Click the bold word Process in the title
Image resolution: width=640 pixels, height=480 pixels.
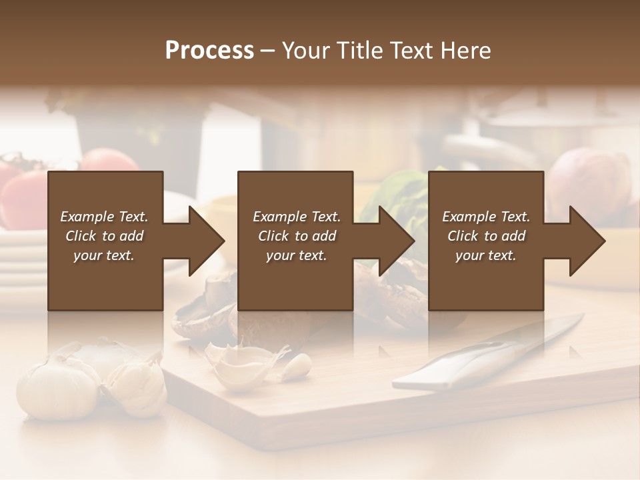click(209, 51)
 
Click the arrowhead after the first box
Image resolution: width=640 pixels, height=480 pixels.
click(205, 241)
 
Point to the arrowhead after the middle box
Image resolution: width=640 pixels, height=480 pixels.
click(395, 241)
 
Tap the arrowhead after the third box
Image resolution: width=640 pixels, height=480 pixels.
click(586, 241)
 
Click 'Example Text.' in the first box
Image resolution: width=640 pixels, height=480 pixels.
click(104, 217)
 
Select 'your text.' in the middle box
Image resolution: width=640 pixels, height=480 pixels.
click(296, 255)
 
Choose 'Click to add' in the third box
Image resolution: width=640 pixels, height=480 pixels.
click(486, 236)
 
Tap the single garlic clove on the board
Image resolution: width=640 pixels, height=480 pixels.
click(296, 367)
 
